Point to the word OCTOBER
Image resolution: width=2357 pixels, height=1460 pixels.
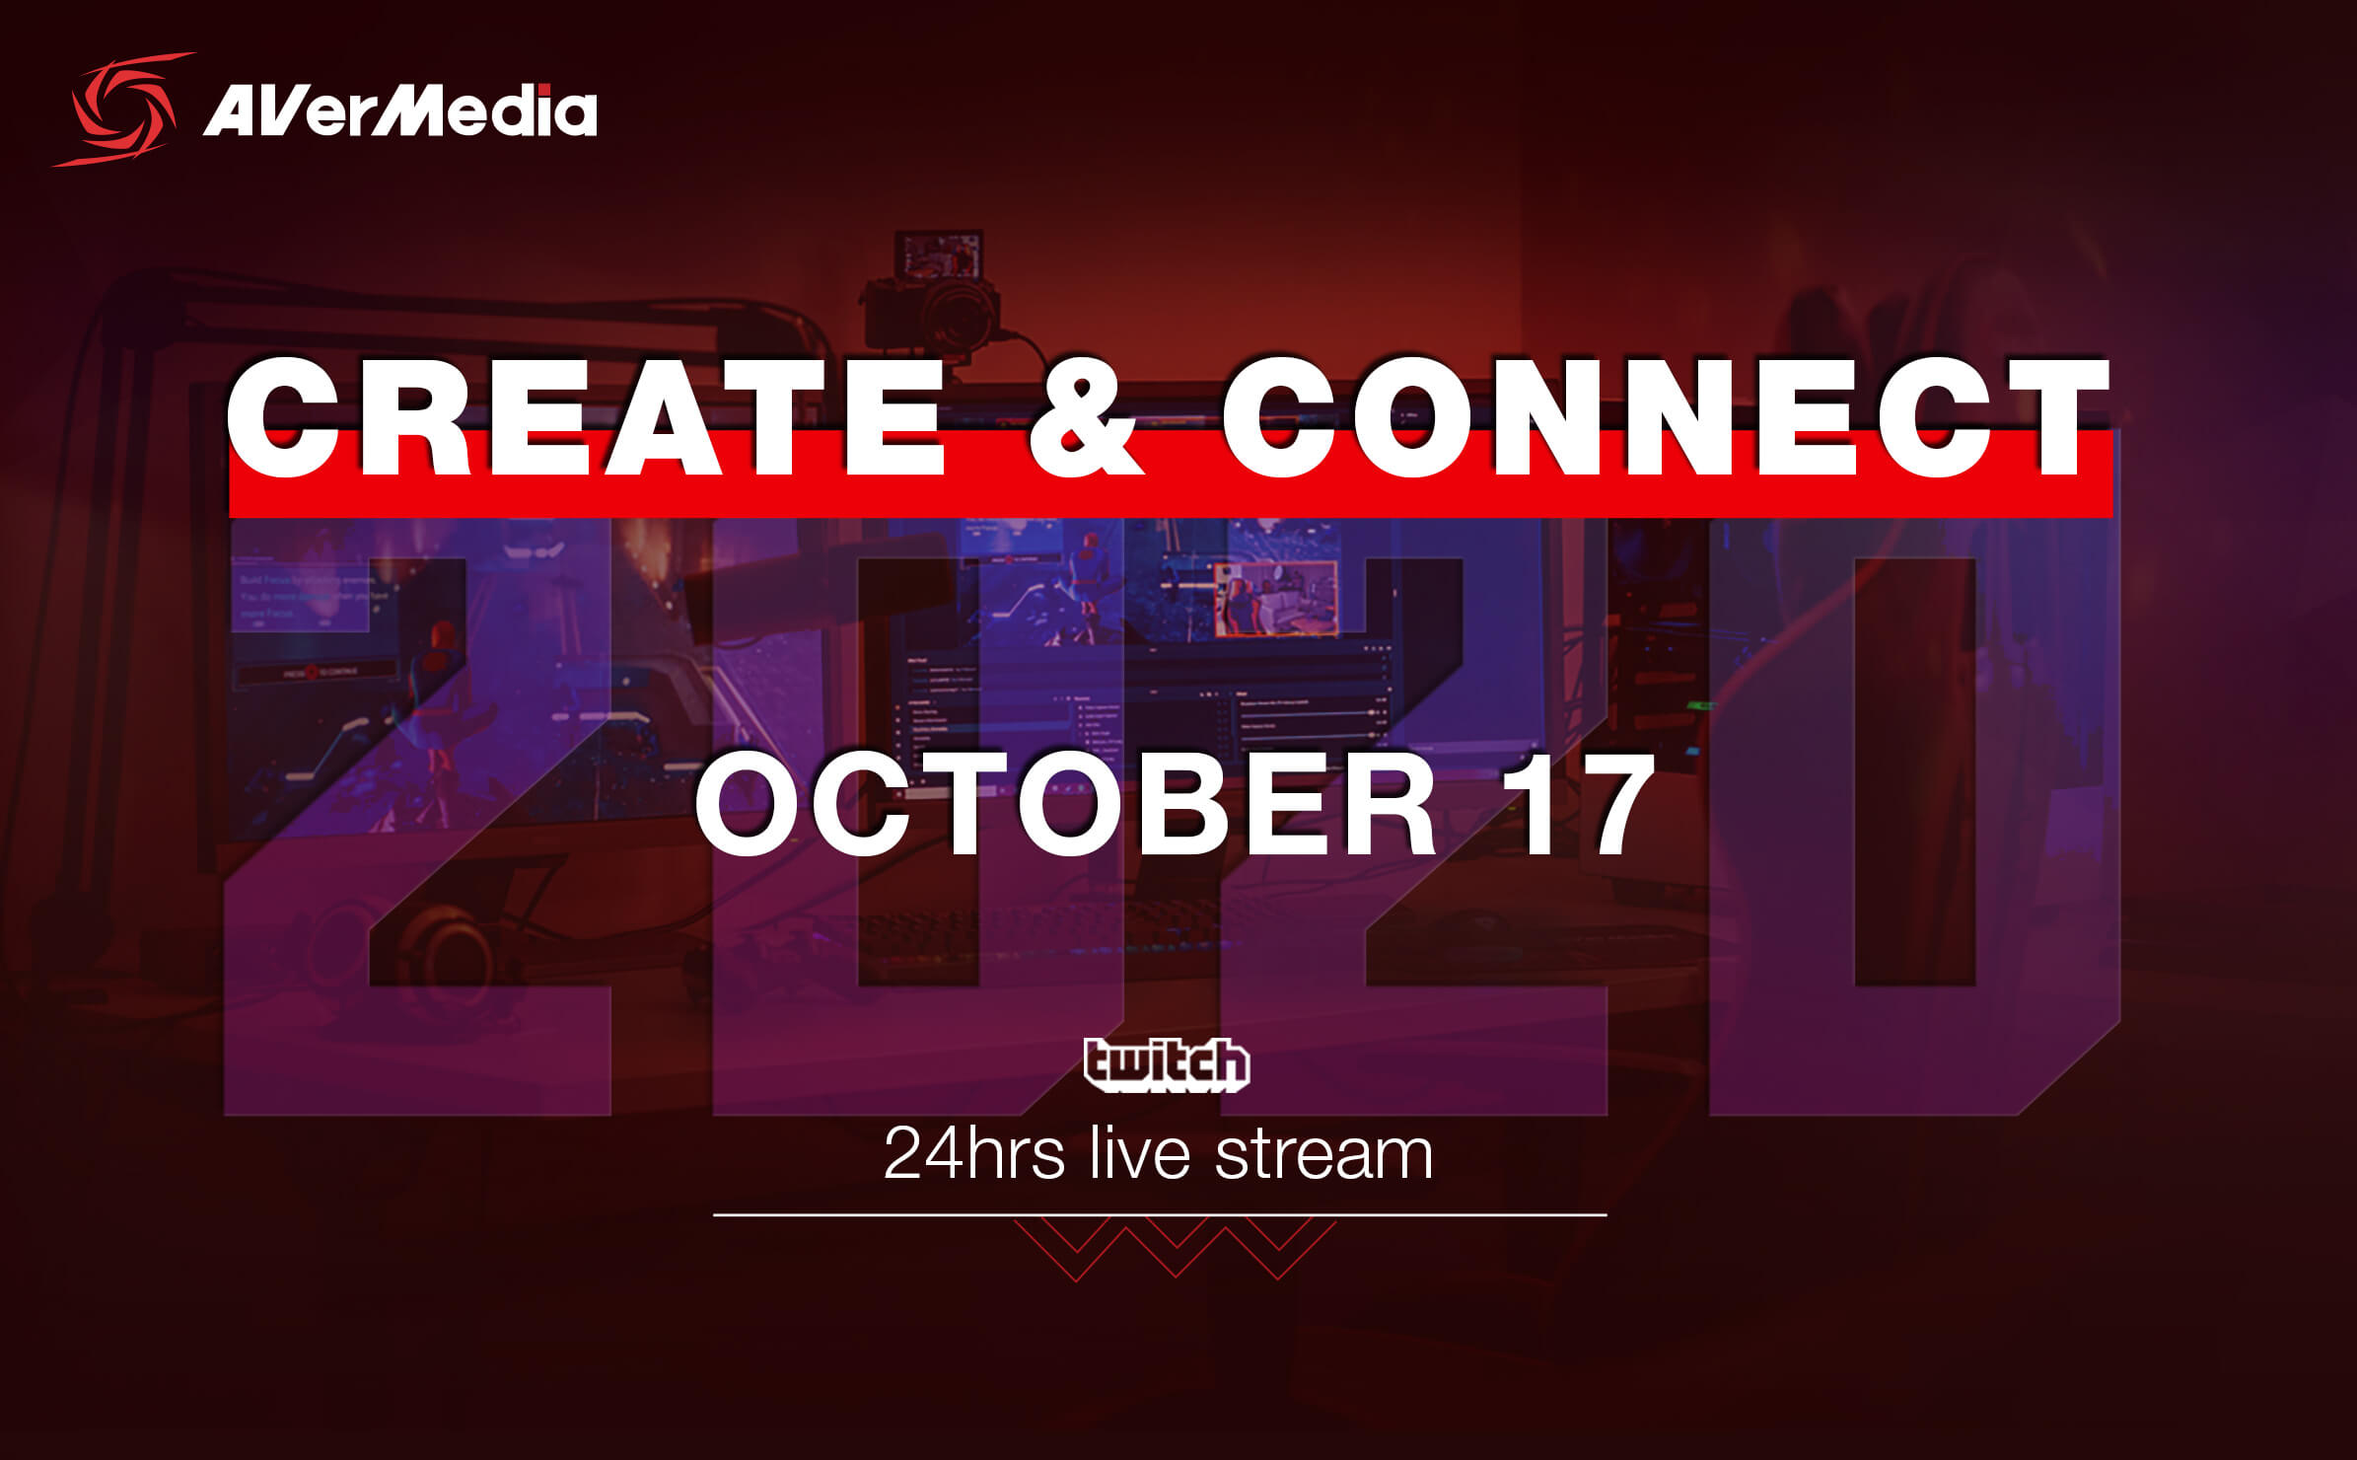(1066, 804)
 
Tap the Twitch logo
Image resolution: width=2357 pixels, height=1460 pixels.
(1166, 1063)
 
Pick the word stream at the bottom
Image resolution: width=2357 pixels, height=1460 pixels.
(1323, 1154)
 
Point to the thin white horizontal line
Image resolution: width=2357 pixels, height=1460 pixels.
(1160, 1215)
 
